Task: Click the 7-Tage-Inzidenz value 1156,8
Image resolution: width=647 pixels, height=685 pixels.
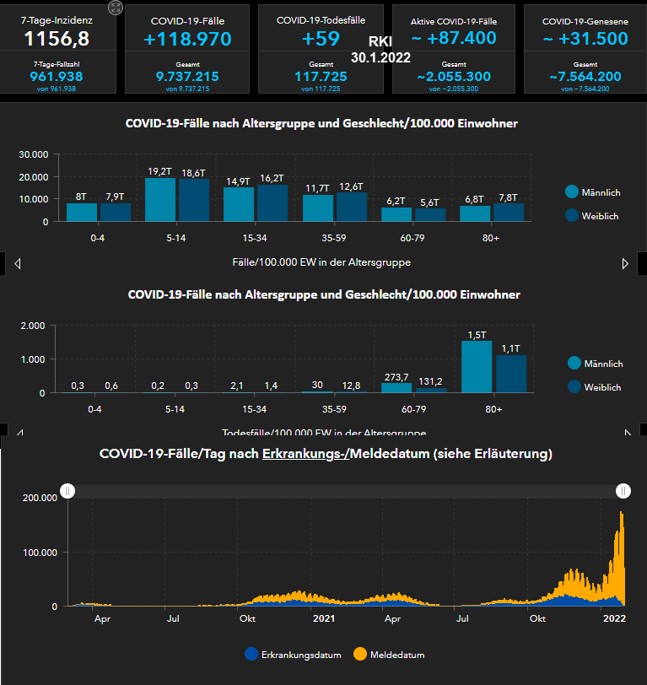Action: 57,39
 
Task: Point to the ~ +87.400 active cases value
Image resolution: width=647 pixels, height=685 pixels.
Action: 455,39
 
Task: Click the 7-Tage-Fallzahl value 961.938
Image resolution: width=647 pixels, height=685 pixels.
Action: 57,76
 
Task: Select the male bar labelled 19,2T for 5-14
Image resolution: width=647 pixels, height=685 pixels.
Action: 160,199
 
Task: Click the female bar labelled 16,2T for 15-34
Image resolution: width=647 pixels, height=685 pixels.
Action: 272,202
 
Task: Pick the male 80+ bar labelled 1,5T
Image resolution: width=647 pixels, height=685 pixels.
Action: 477,366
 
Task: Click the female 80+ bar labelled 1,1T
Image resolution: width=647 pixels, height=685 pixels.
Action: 511,373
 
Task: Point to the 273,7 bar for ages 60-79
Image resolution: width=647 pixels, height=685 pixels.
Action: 396,387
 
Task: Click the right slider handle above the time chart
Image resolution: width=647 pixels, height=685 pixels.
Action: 623,491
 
